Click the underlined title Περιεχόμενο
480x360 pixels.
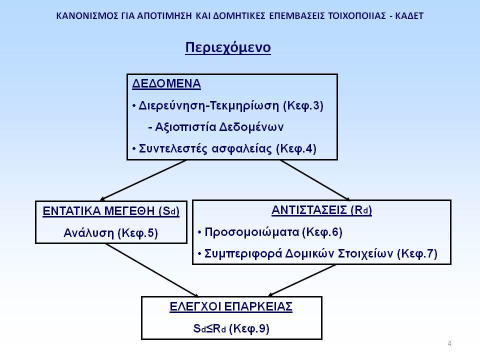[x=228, y=48]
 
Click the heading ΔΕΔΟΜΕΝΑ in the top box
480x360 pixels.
[x=166, y=83]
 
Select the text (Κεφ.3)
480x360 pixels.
[x=303, y=105]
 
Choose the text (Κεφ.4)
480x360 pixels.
[x=296, y=149]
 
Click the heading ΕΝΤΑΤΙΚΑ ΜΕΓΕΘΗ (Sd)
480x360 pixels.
[x=111, y=211]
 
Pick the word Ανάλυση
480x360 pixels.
[x=89, y=233]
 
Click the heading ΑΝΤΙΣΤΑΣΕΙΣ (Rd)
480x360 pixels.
[x=321, y=210]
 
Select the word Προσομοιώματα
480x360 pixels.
[x=251, y=232]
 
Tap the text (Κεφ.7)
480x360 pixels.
[x=417, y=254]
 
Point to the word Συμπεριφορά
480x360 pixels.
[x=243, y=254]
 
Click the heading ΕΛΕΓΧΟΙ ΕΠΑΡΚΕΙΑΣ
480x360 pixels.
[x=231, y=306]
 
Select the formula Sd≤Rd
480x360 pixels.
[x=209, y=328]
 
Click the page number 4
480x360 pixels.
[x=449, y=343]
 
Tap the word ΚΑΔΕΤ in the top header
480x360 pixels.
[x=409, y=16]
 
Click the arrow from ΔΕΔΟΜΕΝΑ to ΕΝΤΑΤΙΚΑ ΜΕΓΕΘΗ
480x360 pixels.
[x=143, y=180]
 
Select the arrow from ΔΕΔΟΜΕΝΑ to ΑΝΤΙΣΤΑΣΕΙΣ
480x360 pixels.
[x=315, y=180]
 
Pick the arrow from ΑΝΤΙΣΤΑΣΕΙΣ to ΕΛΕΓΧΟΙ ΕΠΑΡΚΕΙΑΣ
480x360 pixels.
[x=301, y=280]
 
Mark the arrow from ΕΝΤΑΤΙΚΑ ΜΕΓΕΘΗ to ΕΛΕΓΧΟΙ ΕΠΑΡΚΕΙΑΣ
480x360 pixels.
[x=152, y=270]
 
